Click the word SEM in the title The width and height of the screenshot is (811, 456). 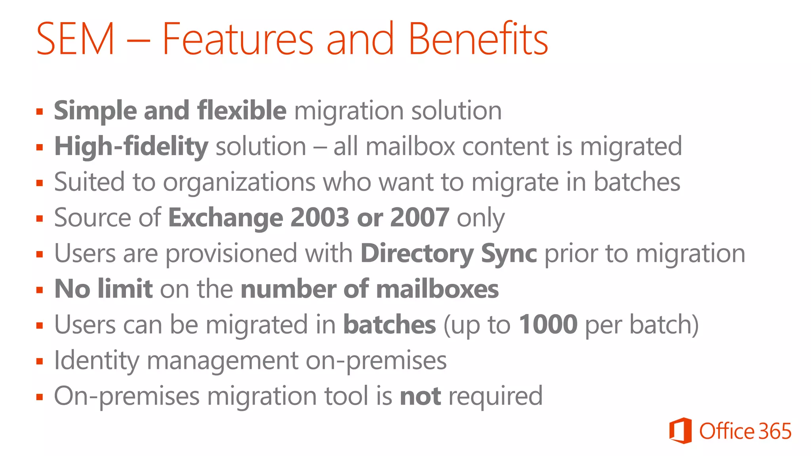(75, 39)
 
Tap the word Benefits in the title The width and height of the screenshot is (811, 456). (478, 39)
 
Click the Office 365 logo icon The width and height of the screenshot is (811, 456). (680, 431)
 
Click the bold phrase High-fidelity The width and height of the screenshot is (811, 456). (131, 146)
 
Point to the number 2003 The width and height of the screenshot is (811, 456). (320, 217)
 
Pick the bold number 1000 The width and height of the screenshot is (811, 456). (548, 325)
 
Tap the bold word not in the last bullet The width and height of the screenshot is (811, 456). (420, 396)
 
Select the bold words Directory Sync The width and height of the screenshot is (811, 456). (449, 254)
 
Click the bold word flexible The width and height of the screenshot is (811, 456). (242, 110)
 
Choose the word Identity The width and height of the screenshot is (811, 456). (96, 361)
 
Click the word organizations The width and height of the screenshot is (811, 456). (239, 182)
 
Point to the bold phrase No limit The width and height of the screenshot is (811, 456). (103, 289)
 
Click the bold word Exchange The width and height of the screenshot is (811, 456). (225, 218)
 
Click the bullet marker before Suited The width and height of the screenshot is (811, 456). (39, 183)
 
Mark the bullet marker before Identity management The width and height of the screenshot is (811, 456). (39, 361)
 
